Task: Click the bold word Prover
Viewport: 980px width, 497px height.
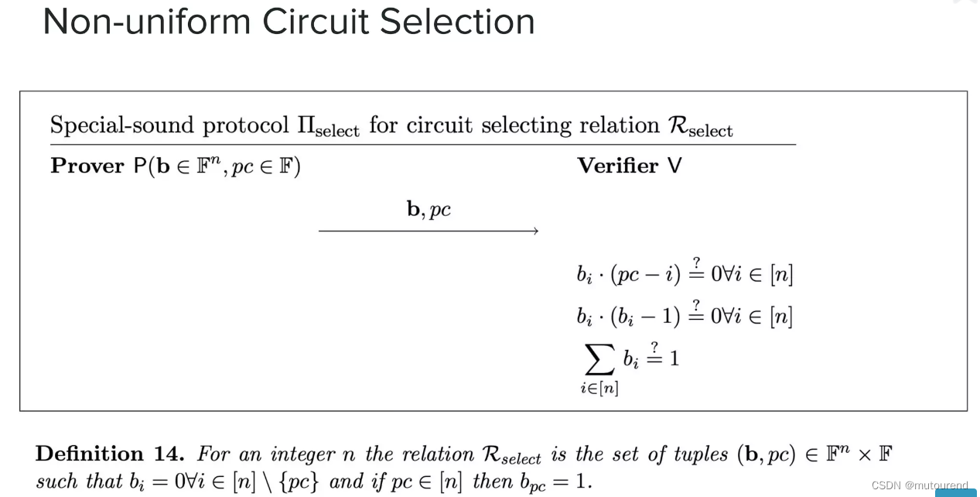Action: pyautogui.click(x=87, y=166)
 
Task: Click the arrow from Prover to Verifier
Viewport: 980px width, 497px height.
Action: pyautogui.click(x=429, y=231)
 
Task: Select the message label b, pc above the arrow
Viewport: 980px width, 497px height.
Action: pyautogui.click(x=429, y=209)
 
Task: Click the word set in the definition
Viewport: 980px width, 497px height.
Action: pyautogui.click(x=627, y=454)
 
